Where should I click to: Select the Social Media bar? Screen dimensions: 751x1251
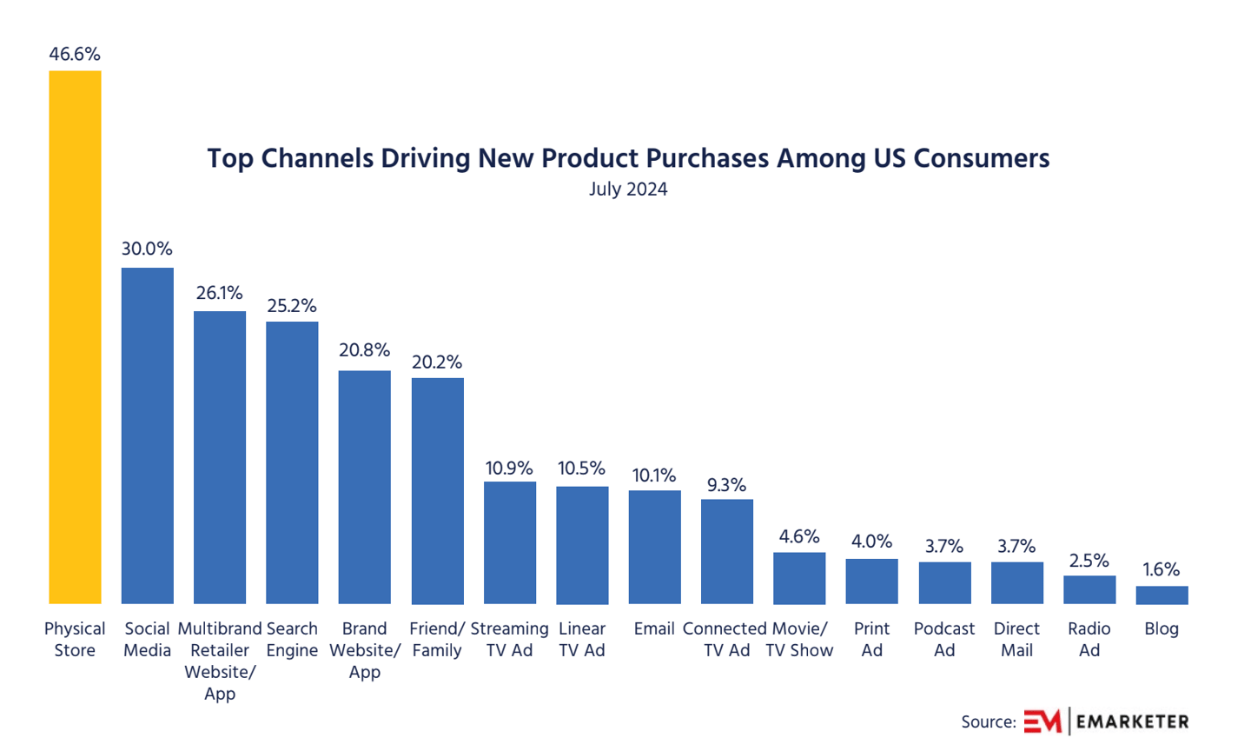tap(147, 435)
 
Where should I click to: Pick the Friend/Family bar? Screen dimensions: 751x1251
tap(437, 491)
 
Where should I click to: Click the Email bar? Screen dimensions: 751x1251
tap(654, 547)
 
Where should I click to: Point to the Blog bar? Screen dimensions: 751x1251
tap(1162, 595)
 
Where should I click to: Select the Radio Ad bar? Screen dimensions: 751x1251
tap(1089, 589)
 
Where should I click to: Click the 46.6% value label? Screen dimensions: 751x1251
tap(75, 54)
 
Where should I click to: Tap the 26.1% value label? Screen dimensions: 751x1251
tap(219, 293)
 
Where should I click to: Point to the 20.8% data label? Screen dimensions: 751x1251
tap(364, 350)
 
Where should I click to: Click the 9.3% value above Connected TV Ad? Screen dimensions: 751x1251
tap(726, 485)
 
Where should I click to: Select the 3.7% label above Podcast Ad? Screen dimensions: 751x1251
tap(943, 547)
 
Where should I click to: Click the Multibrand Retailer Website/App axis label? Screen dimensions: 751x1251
tap(219, 661)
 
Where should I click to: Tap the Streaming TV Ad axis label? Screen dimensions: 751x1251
tap(509, 639)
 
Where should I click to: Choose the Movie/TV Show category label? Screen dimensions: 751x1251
tap(799, 639)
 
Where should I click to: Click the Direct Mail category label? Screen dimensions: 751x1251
tap(1016, 639)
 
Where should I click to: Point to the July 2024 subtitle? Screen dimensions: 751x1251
tap(628, 189)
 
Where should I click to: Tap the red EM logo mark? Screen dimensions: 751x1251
tap(1042, 721)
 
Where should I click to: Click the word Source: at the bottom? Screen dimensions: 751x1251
tap(988, 722)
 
